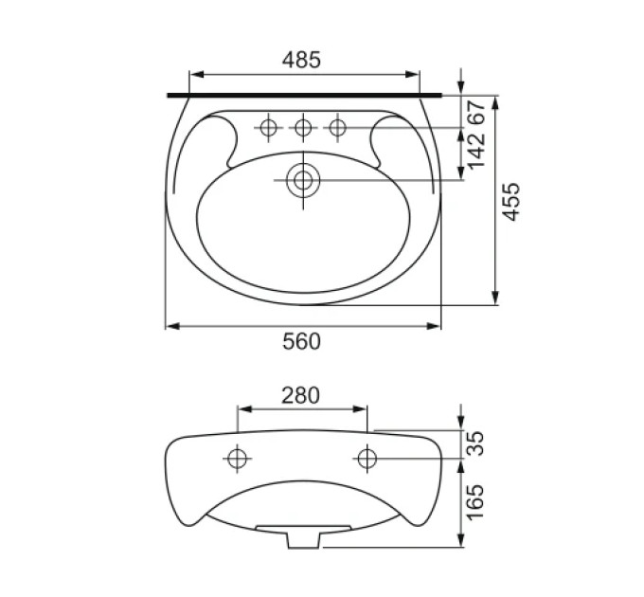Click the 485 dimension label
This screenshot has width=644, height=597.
point(301,60)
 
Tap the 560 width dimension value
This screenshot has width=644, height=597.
point(301,341)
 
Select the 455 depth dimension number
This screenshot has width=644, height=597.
point(511,201)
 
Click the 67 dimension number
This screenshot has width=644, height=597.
point(476,111)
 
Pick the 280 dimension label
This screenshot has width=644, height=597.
point(300,395)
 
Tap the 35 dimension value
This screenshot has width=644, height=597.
point(476,443)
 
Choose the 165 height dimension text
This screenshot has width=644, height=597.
point(476,502)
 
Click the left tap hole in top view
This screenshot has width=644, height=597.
point(269,128)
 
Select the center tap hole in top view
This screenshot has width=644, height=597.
point(303,128)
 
